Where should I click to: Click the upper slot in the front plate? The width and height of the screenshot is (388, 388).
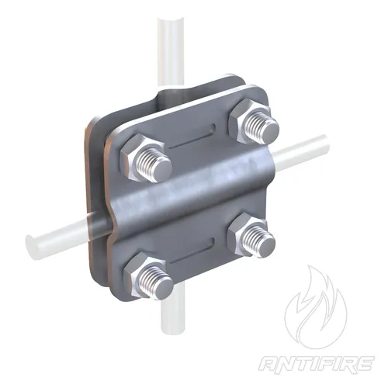[x=192, y=137]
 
